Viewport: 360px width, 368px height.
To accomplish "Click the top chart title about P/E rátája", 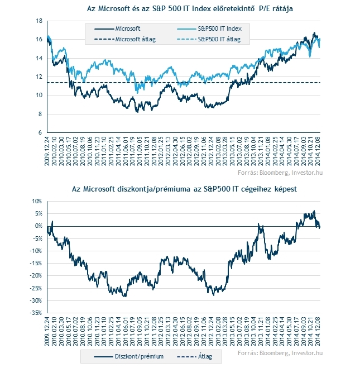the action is point(190,9).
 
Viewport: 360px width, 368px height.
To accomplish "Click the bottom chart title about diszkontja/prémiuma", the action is point(184,189).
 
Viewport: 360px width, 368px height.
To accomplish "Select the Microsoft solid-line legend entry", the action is point(117,28).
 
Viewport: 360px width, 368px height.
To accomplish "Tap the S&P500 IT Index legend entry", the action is point(209,28).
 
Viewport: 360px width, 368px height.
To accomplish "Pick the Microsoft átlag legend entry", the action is point(125,39).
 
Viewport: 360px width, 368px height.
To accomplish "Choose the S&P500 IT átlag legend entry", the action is point(209,39).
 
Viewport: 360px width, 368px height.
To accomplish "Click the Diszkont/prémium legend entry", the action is point(129,356).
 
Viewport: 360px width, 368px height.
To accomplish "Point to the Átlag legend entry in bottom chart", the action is point(194,356).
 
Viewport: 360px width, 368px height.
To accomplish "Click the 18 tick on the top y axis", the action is point(39,21).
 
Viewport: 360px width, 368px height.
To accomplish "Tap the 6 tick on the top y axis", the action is point(40,132).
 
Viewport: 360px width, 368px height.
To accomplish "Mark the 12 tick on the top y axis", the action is point(39,77).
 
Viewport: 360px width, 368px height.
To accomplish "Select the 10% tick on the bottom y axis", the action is point(37,202).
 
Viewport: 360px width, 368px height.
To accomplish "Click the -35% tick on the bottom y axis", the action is point(36,313).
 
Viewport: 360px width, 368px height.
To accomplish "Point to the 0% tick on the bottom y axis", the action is point(39,226).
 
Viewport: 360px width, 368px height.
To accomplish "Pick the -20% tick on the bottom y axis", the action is point(36,275).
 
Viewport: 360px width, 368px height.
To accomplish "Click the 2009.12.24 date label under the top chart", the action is point(47,151).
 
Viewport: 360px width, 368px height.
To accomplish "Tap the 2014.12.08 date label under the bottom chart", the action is point(318,331).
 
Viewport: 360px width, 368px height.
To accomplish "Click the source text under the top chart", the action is point(280,173).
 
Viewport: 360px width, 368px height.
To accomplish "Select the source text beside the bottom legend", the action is point(280,353).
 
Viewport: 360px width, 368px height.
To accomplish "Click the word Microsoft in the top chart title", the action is point(113,9).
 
